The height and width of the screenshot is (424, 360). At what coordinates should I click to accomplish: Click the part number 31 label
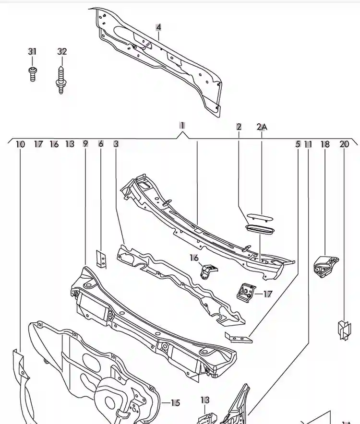(32, 51)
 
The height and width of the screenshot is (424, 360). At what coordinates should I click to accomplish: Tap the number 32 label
(62, 51)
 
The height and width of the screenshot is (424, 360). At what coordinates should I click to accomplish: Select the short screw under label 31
(33, 73)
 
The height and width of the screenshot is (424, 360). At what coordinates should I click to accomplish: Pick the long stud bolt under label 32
(61, 80)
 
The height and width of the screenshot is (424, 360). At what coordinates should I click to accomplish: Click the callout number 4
(158, 27)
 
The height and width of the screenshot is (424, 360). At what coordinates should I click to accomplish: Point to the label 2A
(262, 127)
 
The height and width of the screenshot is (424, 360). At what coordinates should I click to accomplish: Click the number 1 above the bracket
(182, 126)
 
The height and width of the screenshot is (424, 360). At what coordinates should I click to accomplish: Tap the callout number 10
(20, 144)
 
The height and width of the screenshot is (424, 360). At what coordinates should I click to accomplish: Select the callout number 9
(85, 143)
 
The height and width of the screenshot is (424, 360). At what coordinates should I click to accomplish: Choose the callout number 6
(101, 143)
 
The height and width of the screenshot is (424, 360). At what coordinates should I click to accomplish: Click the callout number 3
(116, 143)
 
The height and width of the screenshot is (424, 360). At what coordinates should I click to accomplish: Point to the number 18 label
(325, 144)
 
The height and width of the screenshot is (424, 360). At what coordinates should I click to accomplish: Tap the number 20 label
(344, 144)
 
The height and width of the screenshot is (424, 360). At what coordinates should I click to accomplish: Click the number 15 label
(175, 403)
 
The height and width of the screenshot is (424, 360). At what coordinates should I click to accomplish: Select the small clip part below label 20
(344, 330)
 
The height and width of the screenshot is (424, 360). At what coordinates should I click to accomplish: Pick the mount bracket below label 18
(325, 267)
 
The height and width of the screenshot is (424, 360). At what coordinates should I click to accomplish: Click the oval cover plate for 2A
(260, 217)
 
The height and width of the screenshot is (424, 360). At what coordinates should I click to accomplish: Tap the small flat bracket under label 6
(101, 259)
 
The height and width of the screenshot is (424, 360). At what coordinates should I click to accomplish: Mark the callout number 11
(308, 144)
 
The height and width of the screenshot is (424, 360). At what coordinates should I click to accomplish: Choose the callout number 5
(298, 144)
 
